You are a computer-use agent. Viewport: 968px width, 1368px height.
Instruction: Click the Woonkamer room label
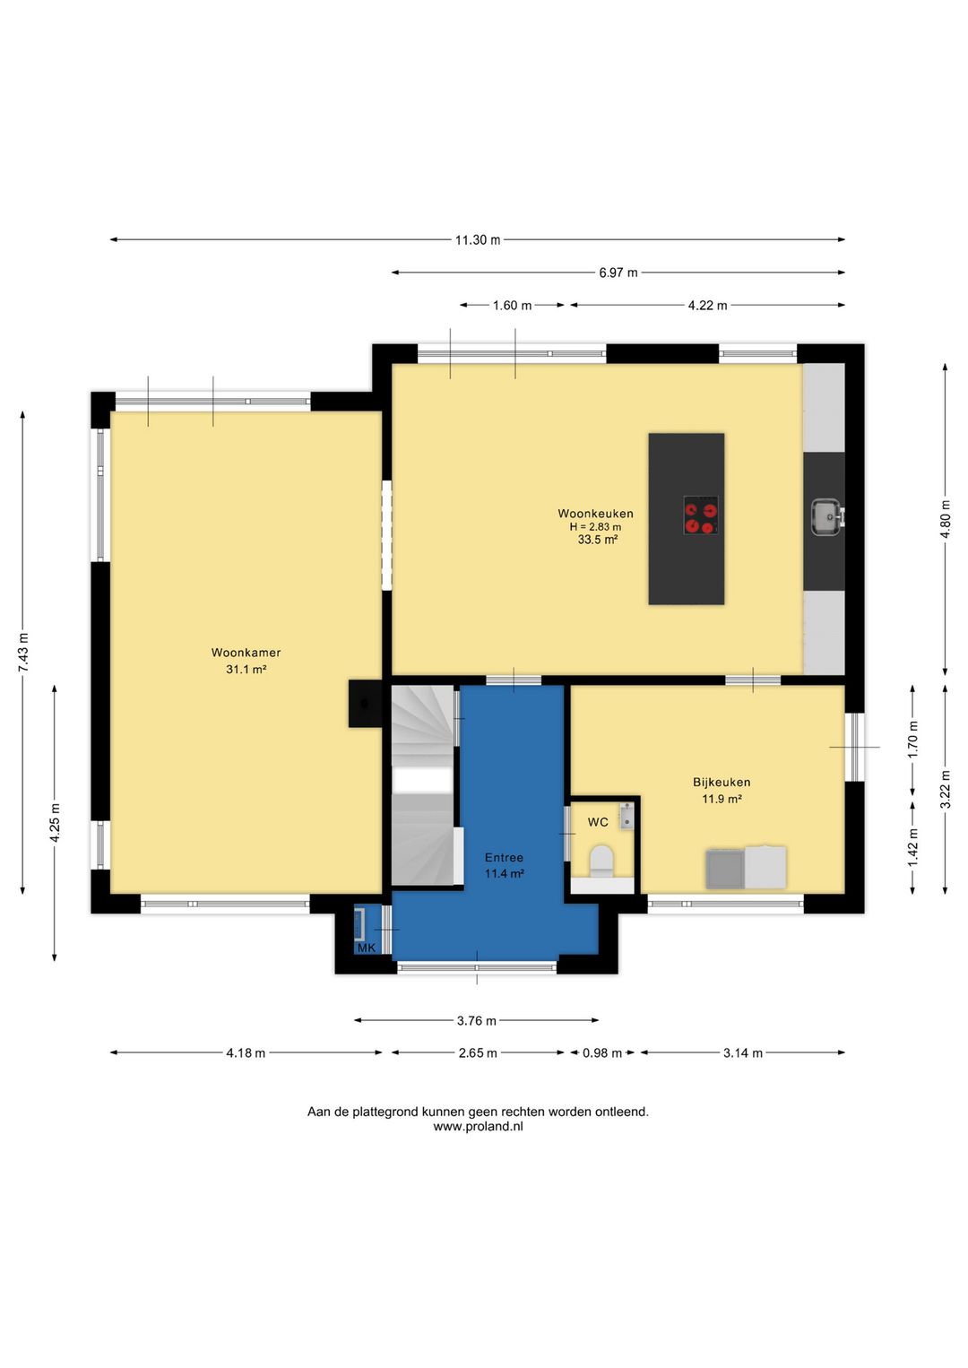(x=246, y=653)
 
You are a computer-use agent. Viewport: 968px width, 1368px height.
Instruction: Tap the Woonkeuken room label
(x=595, y=514)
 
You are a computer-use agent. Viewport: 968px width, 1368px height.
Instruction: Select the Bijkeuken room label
(x=722, y=782)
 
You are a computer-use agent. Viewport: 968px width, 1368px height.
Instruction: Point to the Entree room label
(x=504, y=857)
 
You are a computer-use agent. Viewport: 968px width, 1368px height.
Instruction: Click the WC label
(x=598, y=822)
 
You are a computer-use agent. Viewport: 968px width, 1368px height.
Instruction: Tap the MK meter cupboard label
(x=367, y=948)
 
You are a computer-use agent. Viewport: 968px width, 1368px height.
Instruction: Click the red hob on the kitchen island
(x=701, y=515)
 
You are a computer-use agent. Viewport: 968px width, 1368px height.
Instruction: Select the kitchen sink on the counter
(x=827, y=517)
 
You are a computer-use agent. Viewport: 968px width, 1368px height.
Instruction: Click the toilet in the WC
(x=601, y=861)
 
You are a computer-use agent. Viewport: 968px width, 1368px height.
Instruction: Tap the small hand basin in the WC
(x=627, y=816)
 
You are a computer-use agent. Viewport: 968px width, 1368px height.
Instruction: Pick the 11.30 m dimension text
(x=478, y=240)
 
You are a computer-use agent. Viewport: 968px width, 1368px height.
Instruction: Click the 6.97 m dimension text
(x=618, y=273)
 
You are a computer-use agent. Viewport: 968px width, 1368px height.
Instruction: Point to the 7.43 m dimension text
(x=23, y=653)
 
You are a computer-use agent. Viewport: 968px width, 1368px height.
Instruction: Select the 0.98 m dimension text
(x=602, y=1052)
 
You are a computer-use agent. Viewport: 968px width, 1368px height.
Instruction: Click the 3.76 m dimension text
(x=476, y=1020)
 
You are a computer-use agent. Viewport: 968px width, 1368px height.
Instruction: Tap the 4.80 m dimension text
(x=946, y=519)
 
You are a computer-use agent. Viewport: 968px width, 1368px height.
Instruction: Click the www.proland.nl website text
(x=479, y=1127)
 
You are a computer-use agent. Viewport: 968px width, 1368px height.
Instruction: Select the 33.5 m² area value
(x=598, y=540)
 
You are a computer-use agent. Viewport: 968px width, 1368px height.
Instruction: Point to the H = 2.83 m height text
(x=595, y=526)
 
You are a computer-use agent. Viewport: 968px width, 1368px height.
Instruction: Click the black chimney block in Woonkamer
(x=365, y=704)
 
